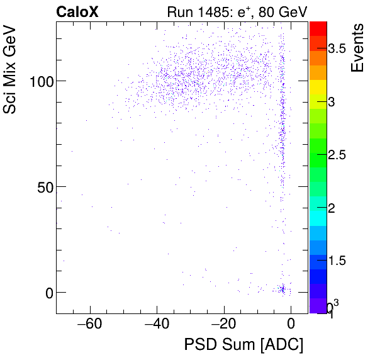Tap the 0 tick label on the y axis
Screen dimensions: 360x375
tap(46, 293)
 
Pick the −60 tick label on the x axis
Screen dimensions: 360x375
tap(89, 325)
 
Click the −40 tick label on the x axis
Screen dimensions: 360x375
tap(157, 325)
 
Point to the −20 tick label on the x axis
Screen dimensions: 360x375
tap(223, 325)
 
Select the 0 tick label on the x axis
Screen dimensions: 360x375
tap(291, 325)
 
